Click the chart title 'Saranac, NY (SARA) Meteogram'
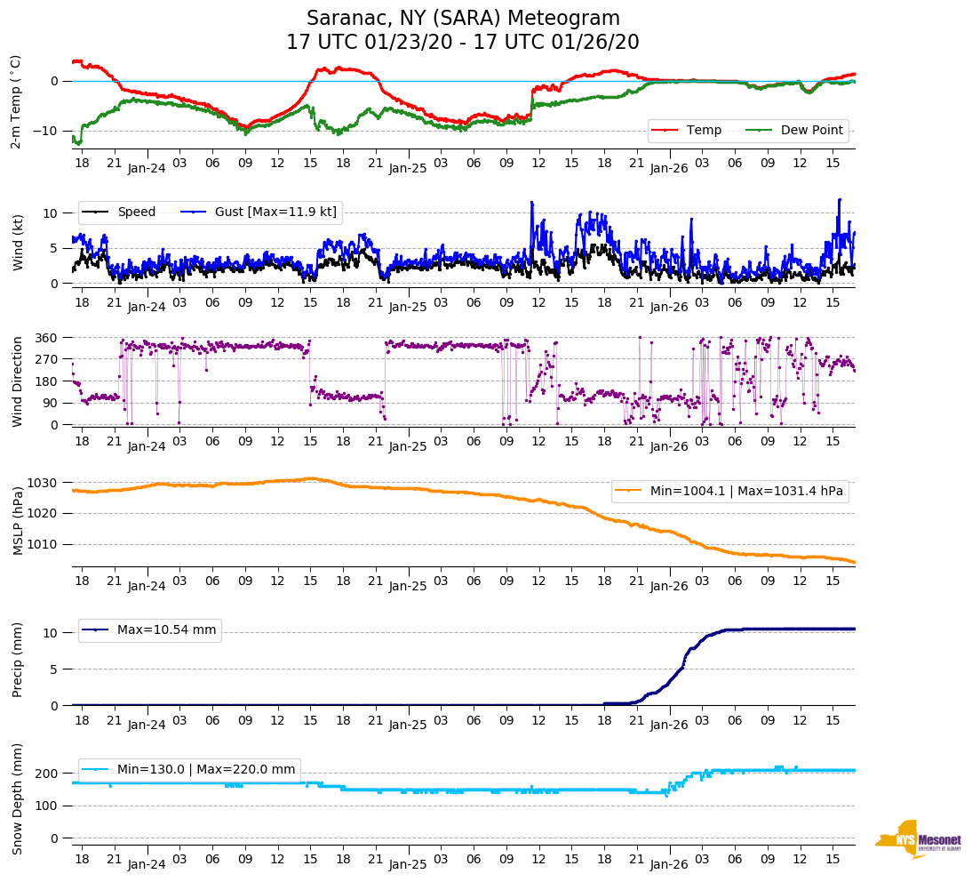[463, 19]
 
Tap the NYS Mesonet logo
[918, 839]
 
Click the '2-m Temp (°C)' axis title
[15, 100]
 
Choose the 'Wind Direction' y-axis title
[18, 381]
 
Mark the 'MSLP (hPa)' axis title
[18, 520]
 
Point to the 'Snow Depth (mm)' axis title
[18, 798]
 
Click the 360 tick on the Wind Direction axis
[47, 338]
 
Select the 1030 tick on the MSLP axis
[44, 483]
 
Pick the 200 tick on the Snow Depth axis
[47, 774]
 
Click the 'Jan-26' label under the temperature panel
[669, 167]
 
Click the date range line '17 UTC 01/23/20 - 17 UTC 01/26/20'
[463, 43]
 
